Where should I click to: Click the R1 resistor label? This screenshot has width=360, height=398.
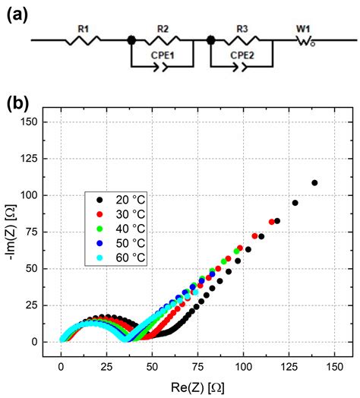(83, 27)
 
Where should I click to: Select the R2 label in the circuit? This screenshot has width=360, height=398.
(163, 27)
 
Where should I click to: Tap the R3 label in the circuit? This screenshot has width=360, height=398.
(242, 27)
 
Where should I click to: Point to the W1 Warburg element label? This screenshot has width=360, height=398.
(303, 27)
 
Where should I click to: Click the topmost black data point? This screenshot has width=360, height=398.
(314, 182)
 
